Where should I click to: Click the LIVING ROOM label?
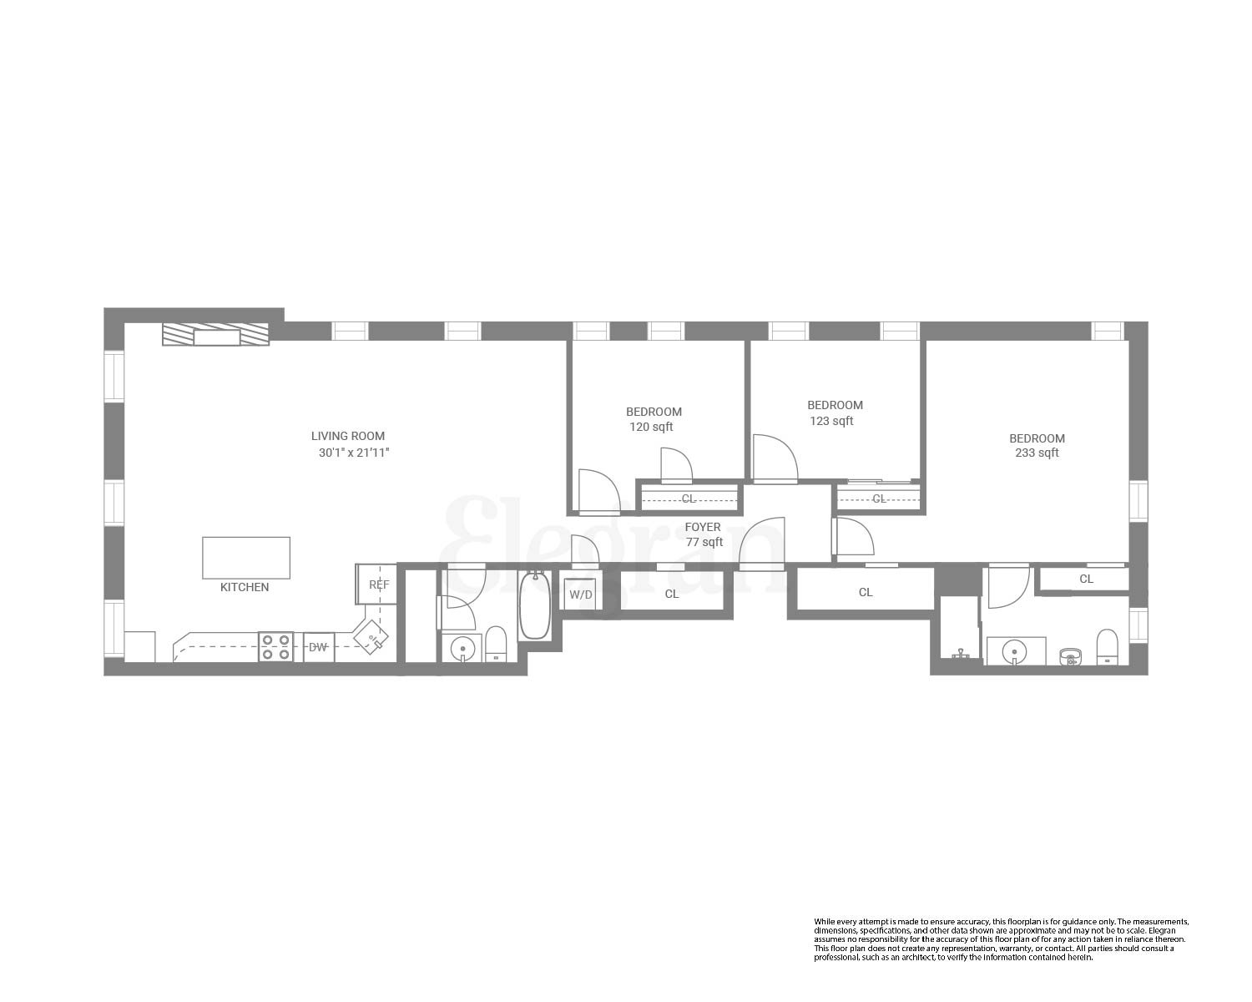pos(348,436)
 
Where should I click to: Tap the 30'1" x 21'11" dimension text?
pos(355,453)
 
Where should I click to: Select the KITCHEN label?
pos(245,587)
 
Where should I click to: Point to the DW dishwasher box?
pos(318,647)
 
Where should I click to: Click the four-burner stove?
pos(275,647)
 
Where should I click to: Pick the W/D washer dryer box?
pos(581,595)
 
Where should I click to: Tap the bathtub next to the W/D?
pos(534,605)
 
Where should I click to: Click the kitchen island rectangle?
pos(246,558)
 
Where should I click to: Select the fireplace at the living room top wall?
pos(216,336)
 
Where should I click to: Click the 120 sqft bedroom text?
pos(651,427)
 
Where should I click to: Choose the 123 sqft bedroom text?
pos(831,421)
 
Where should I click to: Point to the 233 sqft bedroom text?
pos(1037,453)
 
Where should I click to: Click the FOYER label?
pos(703,527)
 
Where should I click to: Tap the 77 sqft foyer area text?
pos(704,542)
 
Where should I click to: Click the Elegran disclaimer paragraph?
pos(1000,939)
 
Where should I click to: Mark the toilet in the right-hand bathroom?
pos(1107,647)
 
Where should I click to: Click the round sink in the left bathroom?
pos(462,648)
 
